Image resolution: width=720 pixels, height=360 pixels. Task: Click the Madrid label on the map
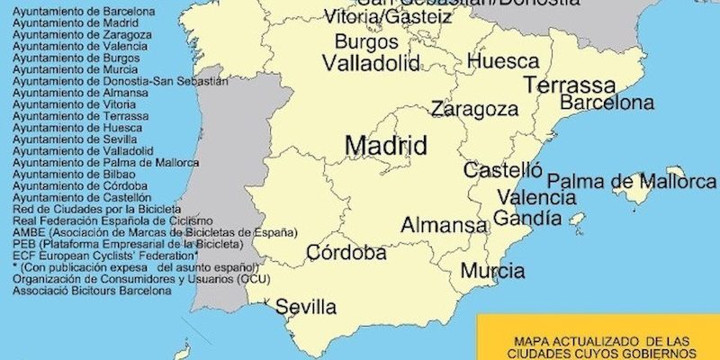385,145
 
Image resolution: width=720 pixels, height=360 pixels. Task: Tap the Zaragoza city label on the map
474,110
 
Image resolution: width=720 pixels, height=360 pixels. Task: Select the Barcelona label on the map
607,103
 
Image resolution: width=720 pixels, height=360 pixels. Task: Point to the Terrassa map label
570,85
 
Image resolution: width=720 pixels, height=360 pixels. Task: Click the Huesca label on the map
503,62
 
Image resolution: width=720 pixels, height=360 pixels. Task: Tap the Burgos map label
366,41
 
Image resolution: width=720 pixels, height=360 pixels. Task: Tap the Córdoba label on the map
346,253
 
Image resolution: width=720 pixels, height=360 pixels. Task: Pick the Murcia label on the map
492,270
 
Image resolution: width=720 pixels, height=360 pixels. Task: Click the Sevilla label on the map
306,307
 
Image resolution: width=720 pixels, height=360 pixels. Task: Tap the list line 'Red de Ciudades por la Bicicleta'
97,210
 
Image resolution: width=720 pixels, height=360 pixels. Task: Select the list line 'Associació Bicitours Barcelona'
92,292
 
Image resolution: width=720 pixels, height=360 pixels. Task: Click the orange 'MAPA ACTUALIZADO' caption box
598,337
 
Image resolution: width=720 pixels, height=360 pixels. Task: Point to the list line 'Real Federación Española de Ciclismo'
112,221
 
